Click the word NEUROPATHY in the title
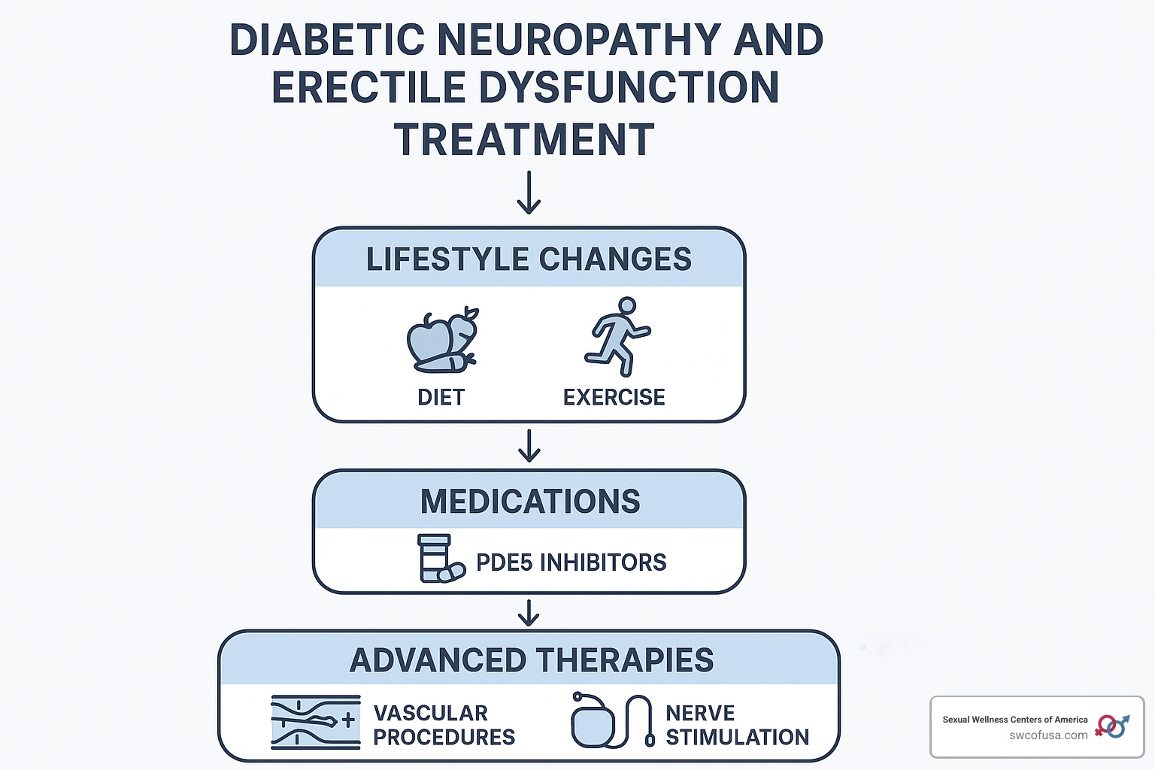pos(579,40)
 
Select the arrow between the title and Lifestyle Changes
pos(529,192)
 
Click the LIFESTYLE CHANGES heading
pos(529,259)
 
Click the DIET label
pos(441,397)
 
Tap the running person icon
pos(617,336)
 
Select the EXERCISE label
pos(614,397)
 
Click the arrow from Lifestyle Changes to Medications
pos(529,446)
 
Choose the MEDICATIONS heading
pos(530,502)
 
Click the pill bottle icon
pos(441,559)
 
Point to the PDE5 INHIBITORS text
pos(571,562)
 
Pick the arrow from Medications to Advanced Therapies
pos(529,613)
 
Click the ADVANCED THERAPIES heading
pos(532,660)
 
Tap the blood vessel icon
pos(316,722)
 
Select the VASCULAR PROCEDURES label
pos(444,725)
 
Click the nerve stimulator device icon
pos(613,720)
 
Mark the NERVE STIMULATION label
pos(738,725)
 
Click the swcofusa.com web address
pos(1048,735)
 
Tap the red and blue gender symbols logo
pos(1112,726)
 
